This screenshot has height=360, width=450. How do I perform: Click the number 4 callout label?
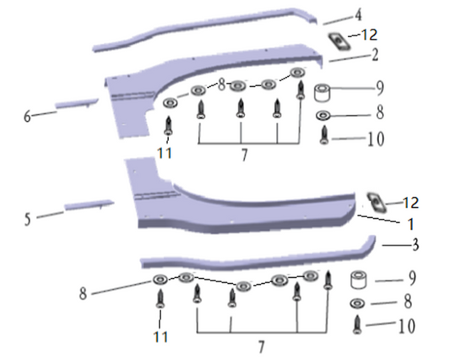[x=358, y=15]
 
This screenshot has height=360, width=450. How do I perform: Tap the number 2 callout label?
[x=375, y=55]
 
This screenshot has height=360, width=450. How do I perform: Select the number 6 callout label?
[x=27, y=117]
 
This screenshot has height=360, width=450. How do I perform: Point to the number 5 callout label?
[x=27, y=220]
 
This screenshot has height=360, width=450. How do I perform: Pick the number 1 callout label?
[x=411, y=224]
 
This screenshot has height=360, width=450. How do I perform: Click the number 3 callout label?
[x=415, y=245]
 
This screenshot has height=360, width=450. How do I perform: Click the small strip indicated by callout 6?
[x=77, y=103]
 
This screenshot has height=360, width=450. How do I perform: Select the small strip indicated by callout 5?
[x=89, y=205]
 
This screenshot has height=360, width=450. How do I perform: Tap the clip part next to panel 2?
[x=339, y=42]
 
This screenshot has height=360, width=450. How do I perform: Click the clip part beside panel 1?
[x=377, y=202]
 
